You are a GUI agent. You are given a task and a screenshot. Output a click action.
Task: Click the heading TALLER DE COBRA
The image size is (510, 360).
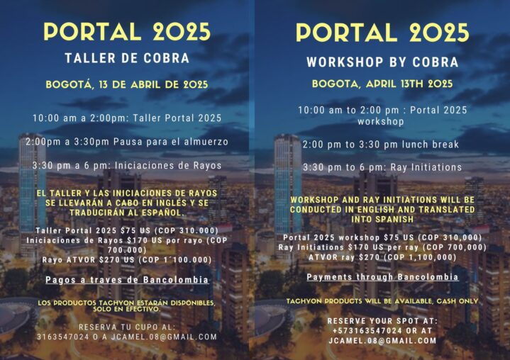pos(127,58)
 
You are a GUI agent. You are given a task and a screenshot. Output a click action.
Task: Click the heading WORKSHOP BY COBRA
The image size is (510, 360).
pos(382,62)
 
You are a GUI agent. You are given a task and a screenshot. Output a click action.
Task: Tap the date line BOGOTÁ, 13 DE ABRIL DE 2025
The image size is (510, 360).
pos(127,84)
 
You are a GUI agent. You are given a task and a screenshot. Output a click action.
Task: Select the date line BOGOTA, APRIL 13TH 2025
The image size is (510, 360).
pos(382,84)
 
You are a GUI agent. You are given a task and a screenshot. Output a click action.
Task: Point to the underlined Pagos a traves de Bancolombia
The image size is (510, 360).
pos(127,280)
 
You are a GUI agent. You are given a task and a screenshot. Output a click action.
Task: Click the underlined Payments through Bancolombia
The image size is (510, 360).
pos(382,277)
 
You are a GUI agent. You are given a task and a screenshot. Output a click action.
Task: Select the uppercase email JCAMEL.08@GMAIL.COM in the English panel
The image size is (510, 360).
pos(382,341)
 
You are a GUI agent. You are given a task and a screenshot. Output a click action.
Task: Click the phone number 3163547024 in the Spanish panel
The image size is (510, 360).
pos(62,337)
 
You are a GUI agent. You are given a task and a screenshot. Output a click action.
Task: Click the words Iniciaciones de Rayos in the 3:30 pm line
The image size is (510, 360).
pos(168,165)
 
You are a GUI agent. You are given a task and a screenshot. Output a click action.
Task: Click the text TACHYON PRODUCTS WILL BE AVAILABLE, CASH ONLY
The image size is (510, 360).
pos(382,301)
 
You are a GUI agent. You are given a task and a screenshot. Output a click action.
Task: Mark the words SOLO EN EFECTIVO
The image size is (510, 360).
pos(127,309)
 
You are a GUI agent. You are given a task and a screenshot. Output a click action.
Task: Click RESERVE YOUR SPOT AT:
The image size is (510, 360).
pos(382,321)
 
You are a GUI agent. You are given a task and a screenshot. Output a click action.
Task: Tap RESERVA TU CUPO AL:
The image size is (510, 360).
pos(127,327)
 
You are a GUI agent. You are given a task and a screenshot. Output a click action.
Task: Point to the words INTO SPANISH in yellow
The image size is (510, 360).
pos(382,219)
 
